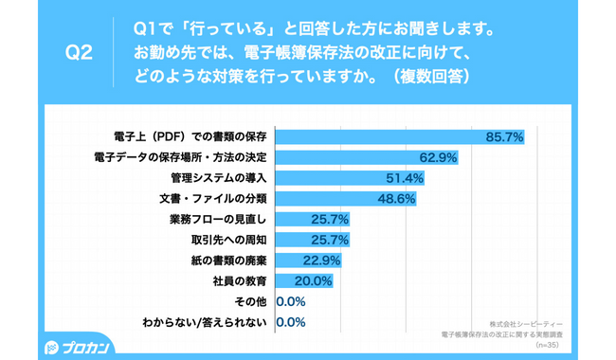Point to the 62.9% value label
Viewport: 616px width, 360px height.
(439, 158)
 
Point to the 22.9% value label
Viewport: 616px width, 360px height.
(321, 261)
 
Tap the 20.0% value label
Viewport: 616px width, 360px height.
(313, 281)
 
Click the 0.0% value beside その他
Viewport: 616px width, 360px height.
(290, 301)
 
